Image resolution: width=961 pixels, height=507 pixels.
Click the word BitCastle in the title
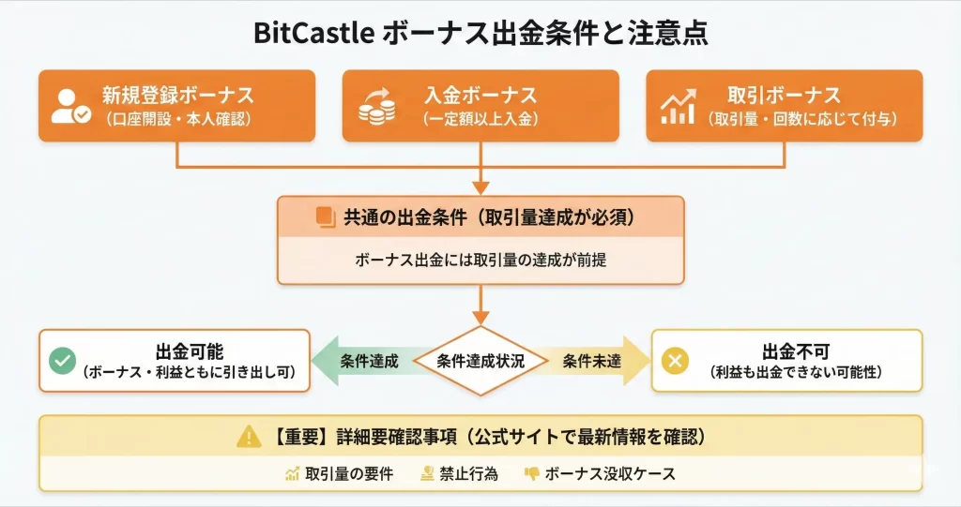(313, 35)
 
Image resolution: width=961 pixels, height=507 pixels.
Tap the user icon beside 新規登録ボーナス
(71, 107)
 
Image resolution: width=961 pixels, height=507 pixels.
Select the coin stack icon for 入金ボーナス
(377, 107)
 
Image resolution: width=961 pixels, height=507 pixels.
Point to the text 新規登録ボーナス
(177, 96)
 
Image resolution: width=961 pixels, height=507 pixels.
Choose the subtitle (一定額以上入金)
(480, 119)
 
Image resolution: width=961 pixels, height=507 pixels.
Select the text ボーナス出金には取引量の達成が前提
(480, 260)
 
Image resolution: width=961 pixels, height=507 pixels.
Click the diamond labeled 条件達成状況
(480, 361)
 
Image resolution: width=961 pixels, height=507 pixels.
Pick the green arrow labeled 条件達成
(361, 361)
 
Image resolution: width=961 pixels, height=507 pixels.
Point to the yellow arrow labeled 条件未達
(599, 361)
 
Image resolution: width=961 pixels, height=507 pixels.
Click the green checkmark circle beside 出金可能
(63, 361)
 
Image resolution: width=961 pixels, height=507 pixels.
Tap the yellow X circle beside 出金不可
(675, 361)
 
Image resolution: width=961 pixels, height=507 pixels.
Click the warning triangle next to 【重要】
(249, 436)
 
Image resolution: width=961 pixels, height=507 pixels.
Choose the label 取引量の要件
(350, 474)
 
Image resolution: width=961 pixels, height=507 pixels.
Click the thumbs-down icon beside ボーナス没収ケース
(531, 474)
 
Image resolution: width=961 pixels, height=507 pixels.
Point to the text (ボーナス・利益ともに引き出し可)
(190, 372)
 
